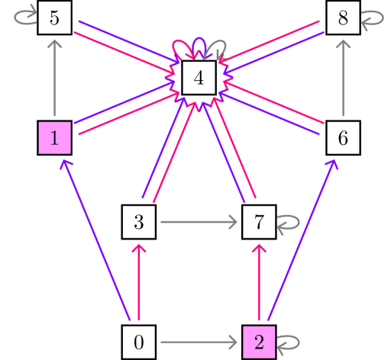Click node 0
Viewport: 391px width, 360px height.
(x=139, y=341)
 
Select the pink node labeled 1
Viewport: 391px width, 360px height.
(x=54, y=138)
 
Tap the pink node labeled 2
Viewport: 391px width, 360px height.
(x=258, y=341)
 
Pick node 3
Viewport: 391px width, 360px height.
(x=139, y=223)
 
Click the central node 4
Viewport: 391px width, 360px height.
(x=199, y=79)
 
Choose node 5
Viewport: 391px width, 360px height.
(x=54, y=18)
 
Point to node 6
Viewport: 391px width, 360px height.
(x=342, y=138)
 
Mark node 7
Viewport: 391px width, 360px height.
(x=258, y=223)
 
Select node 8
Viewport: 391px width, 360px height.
(x=342, y=18)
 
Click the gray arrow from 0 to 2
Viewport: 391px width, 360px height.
(x=199, y=341)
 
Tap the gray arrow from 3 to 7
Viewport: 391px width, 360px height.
(x=199, y=223)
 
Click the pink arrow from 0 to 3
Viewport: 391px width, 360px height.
(x=139, y=282)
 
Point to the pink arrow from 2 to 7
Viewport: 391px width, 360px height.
(x=258, y=282)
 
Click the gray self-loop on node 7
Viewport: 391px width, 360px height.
(x=289, y=223)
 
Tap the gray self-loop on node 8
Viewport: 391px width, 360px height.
(x=373, y=21)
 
